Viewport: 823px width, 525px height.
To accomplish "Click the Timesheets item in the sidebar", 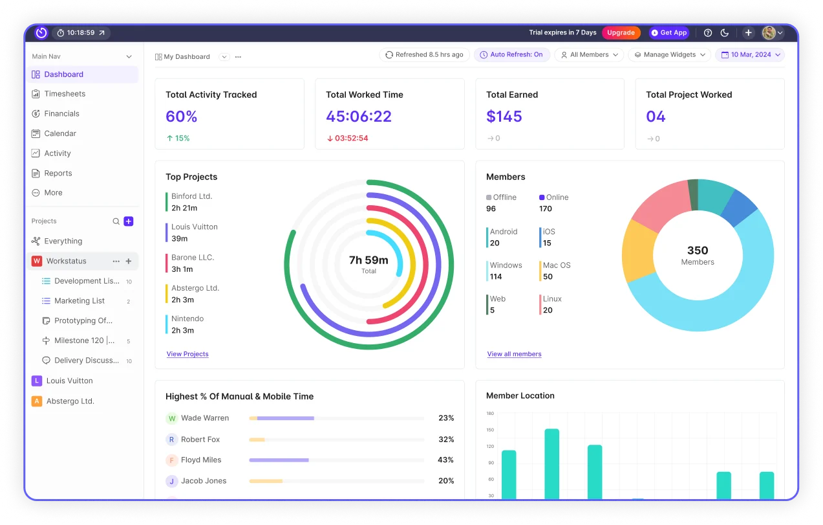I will click(x=65, y=94).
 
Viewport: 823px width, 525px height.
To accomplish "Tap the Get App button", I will click(x=669, y=32).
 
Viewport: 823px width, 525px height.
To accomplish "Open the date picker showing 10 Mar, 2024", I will click(x=750, y=55).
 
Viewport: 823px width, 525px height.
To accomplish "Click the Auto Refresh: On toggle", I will click(x=511, y=55).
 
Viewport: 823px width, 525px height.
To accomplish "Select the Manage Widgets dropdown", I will click(x=669, y=55).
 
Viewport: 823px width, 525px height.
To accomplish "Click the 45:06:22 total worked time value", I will click(x=359, y=117).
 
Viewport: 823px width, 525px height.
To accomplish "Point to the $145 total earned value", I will click(x=504, y=117).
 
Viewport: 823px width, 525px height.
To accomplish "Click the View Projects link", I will click(x=187, y=354).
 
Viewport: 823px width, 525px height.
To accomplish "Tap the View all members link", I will click(x=514, y=354).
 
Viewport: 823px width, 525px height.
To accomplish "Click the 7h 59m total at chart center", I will click(x=369, y=260).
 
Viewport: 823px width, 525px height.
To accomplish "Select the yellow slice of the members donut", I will click(x=639, y=252).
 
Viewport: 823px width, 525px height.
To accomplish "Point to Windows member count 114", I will click(x=496, y=276).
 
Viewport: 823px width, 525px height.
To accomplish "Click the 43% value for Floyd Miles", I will click(x=445, y=460).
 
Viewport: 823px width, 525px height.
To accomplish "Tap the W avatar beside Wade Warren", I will click(x=172, y=418).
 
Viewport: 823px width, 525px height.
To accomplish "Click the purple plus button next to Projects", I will click(x=129, y=221).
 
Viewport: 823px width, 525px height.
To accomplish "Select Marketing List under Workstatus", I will click(x=80, y=301).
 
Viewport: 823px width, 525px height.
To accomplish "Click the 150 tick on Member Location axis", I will click(x=489, y=430).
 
